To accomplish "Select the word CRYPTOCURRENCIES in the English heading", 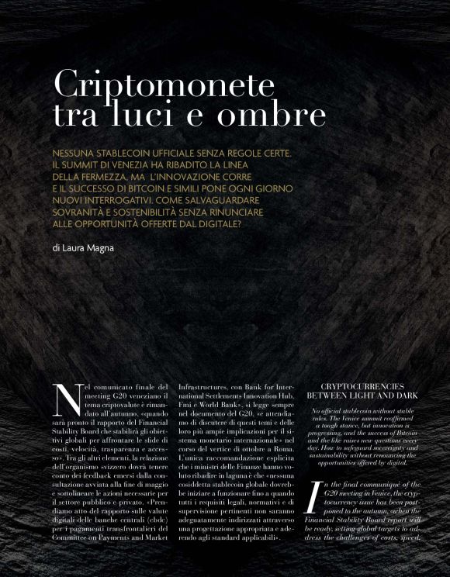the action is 363,385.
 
